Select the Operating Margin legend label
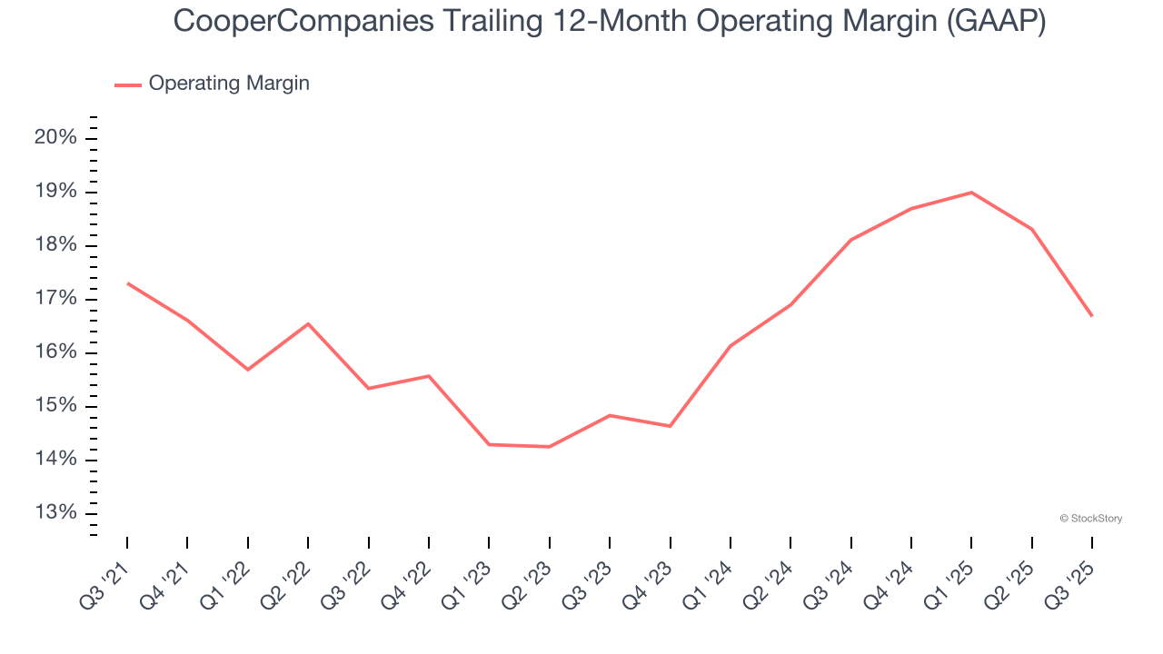[229, 84]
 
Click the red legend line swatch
[128, 84]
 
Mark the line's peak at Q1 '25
[971, 193]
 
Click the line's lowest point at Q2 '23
[549, 447]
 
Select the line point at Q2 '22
[308, 323]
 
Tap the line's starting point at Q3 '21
[127, 283]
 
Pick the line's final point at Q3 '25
[1091, 316]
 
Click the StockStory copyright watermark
[1090, 519]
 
